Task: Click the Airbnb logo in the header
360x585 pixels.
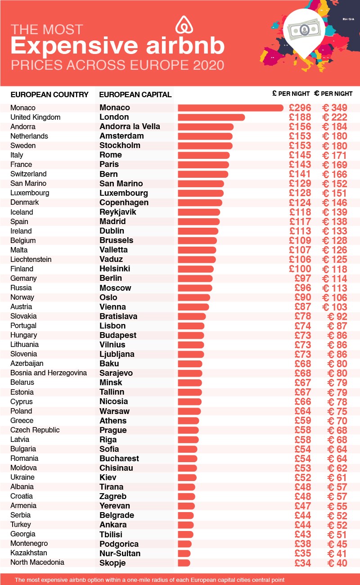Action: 185,25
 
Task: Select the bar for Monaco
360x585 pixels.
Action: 230,108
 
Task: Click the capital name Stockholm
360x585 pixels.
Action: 120,145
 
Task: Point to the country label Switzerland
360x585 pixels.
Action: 28,174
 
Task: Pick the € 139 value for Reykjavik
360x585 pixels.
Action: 335,212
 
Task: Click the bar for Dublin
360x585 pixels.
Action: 198,231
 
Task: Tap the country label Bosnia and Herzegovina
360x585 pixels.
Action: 49,373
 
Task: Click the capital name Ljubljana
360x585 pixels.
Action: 117,354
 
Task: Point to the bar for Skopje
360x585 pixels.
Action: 184,563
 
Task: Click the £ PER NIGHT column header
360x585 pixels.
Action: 291,94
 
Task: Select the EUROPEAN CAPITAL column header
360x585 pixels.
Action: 135,94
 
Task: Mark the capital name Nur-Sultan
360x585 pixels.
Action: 120,553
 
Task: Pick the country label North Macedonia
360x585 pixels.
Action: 37,562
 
